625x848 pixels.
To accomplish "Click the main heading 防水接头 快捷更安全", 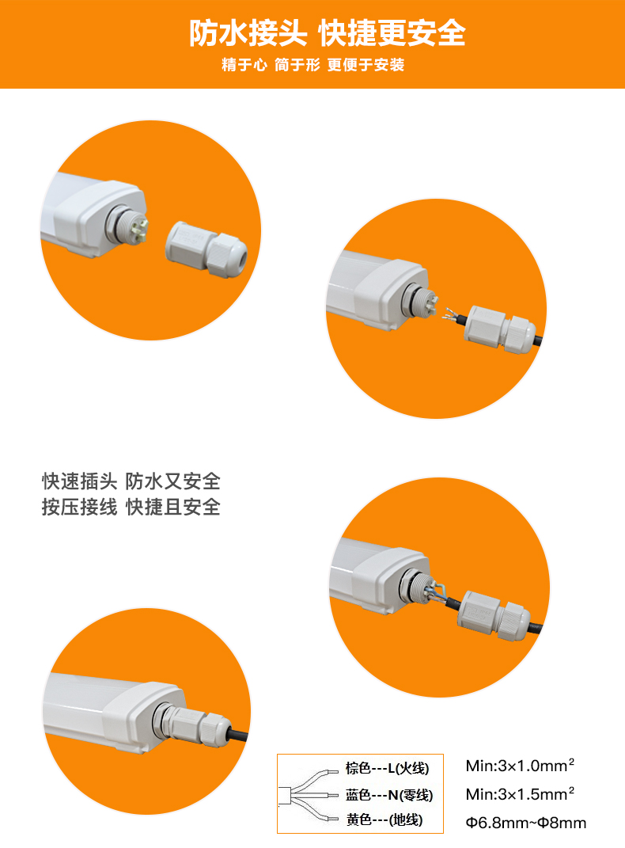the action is [x=328, y=33].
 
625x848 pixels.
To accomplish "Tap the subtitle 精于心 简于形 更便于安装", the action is [x=312, y=65].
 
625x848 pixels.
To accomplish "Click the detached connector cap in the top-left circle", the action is [x=206, y=249].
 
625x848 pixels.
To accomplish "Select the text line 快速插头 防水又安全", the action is [x=131, y=481].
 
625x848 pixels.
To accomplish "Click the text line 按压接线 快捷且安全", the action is [x=131, y=507].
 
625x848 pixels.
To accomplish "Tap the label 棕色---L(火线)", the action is [x=388, y=768].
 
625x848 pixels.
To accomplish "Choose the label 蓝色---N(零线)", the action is [x=389, y=795].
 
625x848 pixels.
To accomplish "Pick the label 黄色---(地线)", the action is [x=384, y=819].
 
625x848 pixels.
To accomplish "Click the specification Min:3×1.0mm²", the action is [x=520, y=765].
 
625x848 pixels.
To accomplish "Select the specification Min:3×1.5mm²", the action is [x=520, y=794].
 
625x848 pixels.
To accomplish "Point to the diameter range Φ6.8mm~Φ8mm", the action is [x=525, y=823].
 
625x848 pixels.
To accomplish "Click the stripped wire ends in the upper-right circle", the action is [x=451, y=315].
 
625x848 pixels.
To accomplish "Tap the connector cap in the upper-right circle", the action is [x=500, y=329].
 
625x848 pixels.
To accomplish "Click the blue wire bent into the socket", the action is [x=438, y=590].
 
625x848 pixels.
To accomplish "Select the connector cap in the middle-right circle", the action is [x=493, y=616].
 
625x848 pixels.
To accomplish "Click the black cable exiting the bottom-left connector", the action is [x=237, y=736].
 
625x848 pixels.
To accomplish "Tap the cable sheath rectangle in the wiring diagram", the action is [x=285, y=796].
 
